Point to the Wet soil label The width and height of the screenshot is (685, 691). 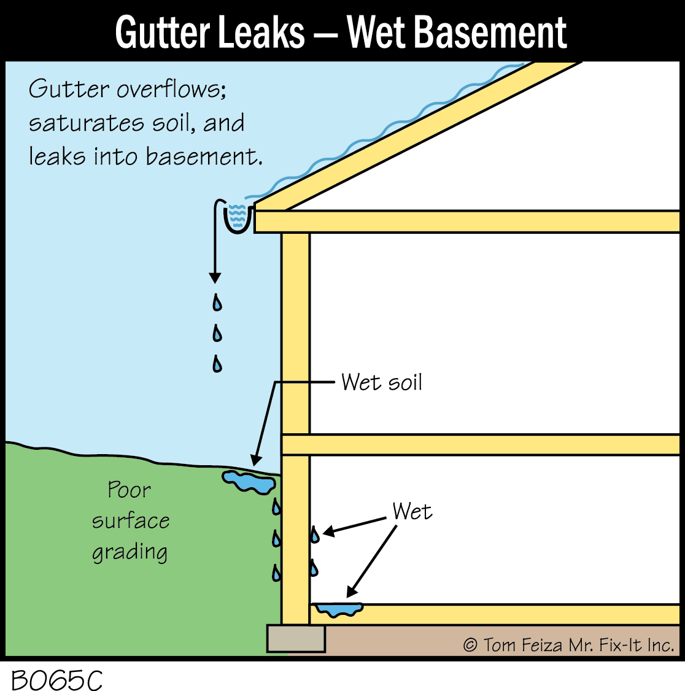[x=382, y=382]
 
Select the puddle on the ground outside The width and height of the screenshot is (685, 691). [x=248, y=481]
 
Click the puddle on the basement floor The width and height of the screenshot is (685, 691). [x=338, y=609]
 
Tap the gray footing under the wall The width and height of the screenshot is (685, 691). [x=296, y=639]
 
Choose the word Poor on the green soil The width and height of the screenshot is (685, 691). [x=129, y=490]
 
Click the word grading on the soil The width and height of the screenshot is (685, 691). [x=130, y=552]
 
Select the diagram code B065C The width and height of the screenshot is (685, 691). [x=56, y=679]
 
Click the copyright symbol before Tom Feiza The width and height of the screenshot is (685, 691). [x=470, y=646]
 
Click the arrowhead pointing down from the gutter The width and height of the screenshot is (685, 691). [x=215, y=277]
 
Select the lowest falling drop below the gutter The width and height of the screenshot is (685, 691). [x=217, y=365]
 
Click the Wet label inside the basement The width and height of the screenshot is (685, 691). [x=412, y=511]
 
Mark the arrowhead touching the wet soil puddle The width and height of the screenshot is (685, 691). [x=255, y=460]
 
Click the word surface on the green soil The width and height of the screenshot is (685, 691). [x=131, y=521]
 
